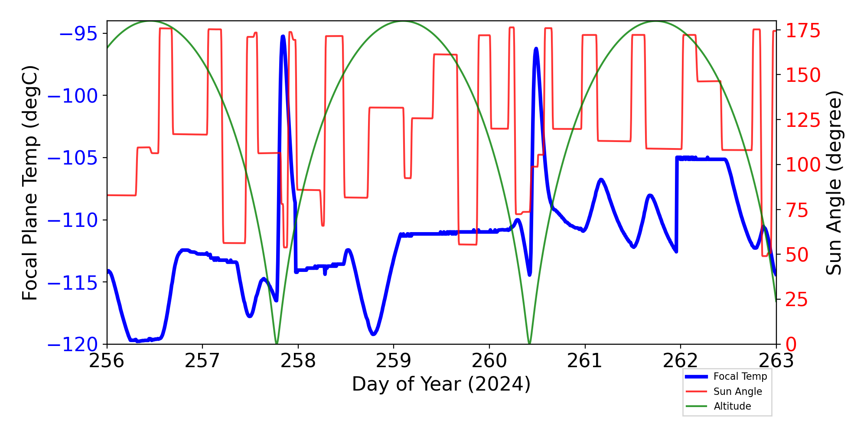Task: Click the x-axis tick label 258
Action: click(x=298, y=361)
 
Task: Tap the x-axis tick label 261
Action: click(x=585, y=361)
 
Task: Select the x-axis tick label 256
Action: click(x=107, y=361)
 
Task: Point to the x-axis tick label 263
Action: click(x=776, y=361)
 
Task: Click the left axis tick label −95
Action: click(x=78, y=34)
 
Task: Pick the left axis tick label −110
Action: click(x=72, y=220)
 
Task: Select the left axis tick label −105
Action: click(x=72, y=158)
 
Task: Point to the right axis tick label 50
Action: click(x=797, y=255)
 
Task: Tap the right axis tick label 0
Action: click(x=791, y=345)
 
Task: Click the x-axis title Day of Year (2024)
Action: click(x=441, y=385)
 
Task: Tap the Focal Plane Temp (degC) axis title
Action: click(x=30, y=183)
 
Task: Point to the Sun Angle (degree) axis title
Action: click(x=833, y=183)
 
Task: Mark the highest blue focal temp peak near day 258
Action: click(x=283, y=37)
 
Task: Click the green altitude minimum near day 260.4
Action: click(x=529, y=343)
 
